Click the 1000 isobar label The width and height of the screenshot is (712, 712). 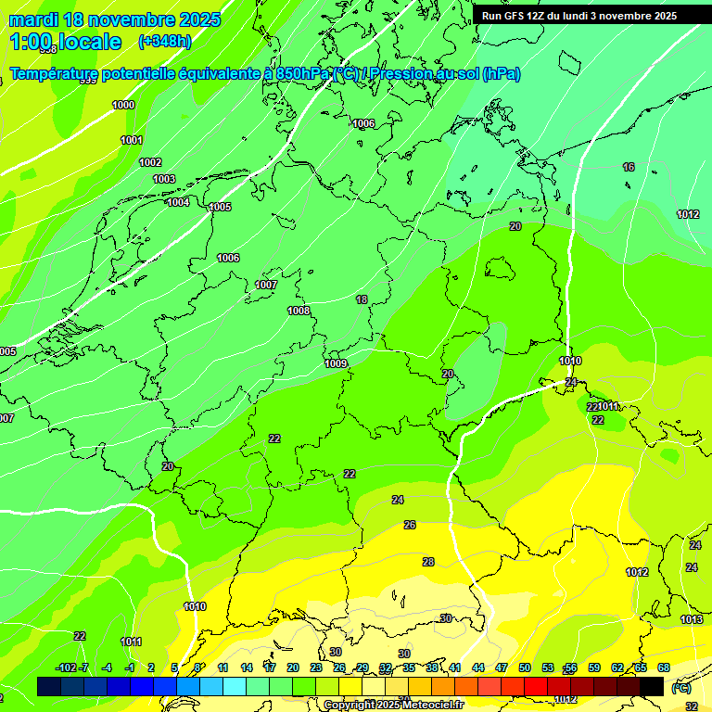[123, 105]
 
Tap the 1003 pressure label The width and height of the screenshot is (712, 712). [164, 179]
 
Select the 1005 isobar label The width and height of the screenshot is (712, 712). [220, 207]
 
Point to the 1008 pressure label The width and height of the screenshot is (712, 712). [299, 311]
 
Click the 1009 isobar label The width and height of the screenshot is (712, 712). [336, 363]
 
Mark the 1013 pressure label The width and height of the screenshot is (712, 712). [692, 619]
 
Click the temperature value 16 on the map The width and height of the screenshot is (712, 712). [629, 167]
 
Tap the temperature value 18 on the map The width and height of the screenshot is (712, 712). [362, 299]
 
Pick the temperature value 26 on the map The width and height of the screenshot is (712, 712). [410, 525]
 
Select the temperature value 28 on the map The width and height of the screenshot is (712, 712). [428, 562]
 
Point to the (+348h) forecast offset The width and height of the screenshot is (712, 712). [164, 42]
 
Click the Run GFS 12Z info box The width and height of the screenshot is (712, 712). [579, 16]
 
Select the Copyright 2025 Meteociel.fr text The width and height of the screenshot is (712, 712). [393, 705]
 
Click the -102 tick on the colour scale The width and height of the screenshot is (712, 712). [66, 667]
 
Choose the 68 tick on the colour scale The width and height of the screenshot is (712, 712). [664, 667]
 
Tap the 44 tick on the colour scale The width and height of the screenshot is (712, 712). [478, 667]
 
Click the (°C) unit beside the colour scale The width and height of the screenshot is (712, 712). [680, 688]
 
